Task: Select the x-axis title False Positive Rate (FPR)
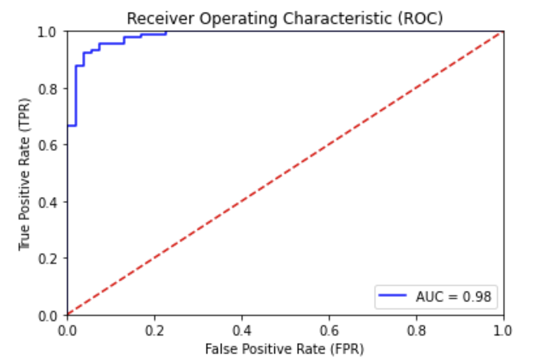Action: click(284, 350)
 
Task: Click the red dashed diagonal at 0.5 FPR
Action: click(285, 173)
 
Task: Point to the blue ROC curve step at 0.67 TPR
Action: click(72, 126)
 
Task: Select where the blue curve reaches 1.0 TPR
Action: click(166, 32)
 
